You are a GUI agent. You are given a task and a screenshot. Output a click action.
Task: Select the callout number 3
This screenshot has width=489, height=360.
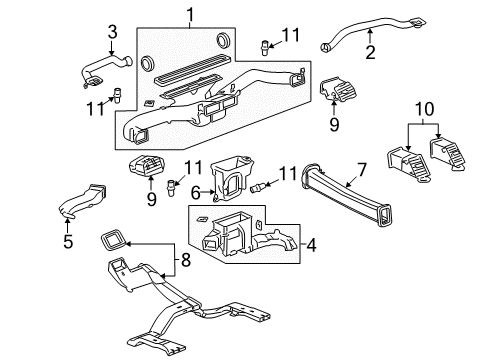click(x=112, y=32)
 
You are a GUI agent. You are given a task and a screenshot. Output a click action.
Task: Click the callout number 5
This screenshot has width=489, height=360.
click(x=69, y=241)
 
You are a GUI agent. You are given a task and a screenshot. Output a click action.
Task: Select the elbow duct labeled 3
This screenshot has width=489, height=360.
click(x=102, y=71)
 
